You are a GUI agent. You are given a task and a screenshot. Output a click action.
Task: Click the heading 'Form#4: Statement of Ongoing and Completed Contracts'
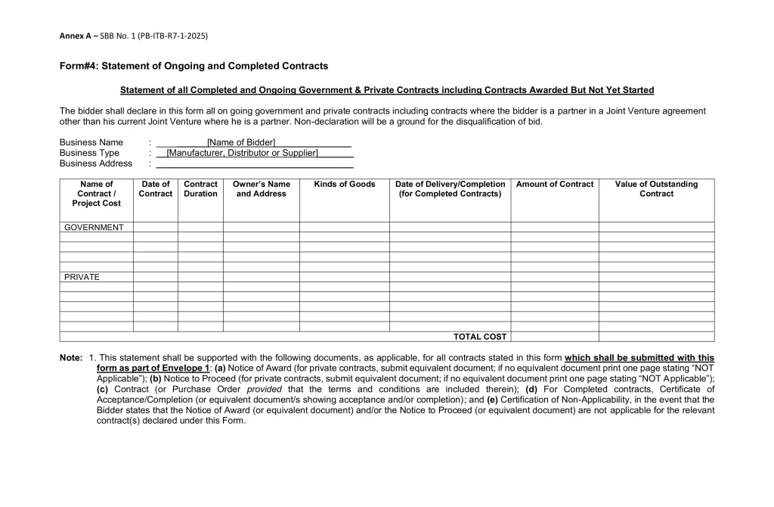[x=193, y=67]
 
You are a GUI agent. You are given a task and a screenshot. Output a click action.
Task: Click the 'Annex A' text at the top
[x=75, y=36]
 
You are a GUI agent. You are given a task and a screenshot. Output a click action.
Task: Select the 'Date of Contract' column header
[x=156, y=189]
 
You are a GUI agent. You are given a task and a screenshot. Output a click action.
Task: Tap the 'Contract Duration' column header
[x=200, y=189]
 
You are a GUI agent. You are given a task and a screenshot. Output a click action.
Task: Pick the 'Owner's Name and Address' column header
[x=262, y=189]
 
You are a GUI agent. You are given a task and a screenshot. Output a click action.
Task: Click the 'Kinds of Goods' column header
[x=345, y=185]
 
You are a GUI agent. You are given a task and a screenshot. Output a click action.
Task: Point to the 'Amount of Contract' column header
[x=555, y=185]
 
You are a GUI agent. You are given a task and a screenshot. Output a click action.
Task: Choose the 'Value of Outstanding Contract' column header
[x=656, y=189]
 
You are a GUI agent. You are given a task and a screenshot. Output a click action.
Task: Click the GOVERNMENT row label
[x=94, y=227]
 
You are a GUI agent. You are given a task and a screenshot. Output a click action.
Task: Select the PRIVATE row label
[x=82, y=277]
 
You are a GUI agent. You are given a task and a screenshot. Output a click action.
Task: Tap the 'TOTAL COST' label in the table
[x=480, y=337]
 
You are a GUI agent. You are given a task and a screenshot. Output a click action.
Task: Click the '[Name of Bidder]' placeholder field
[x=241, y=142]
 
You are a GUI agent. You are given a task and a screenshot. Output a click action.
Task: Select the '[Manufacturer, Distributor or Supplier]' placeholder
[x=242, y=153]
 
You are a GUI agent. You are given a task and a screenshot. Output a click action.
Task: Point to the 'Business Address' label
[x=96, y=163]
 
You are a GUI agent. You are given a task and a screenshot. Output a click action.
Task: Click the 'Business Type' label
[x=89, y=153]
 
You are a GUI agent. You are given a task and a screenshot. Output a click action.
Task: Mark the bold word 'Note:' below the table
[x=71, y=358]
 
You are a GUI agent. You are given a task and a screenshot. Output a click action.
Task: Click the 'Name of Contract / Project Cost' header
[x=97, y=194]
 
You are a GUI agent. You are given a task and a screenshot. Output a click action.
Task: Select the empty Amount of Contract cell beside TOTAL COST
[x=555, y=337]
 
